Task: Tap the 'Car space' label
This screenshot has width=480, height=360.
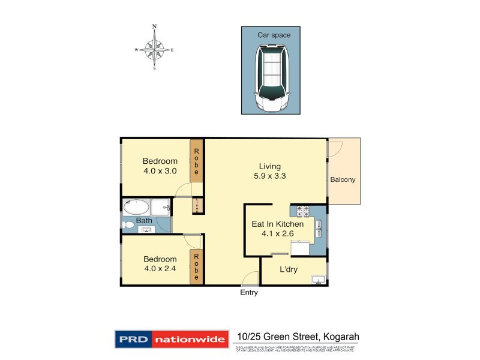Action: click(x=274, y=35)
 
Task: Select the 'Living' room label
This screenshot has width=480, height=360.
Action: click(x=269, y=166)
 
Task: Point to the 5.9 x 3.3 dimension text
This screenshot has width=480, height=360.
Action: click(x=269, y=177)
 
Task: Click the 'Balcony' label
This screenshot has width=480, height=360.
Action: click(x=343, y=179)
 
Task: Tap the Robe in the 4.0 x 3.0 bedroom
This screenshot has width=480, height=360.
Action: click(x=196, y=160)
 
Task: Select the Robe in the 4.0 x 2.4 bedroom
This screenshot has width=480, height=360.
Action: click(x=196, y=266)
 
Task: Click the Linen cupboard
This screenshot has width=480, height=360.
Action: click(x=196, y=205)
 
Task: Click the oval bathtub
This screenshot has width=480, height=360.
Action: click(x=136, y=208)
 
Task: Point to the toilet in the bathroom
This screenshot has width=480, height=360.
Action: click(x=128, y=226)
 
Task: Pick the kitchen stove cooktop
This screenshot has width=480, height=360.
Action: click(x=302, y=211)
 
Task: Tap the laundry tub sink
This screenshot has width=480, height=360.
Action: click(x=317, y=279)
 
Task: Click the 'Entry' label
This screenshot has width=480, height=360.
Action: click(x=248, y=293)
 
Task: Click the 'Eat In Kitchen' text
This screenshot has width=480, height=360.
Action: click(x=277, y=224)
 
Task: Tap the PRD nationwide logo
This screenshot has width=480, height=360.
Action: click(x=172, y=339)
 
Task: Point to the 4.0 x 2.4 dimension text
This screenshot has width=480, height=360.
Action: click(x=160, y=269)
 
